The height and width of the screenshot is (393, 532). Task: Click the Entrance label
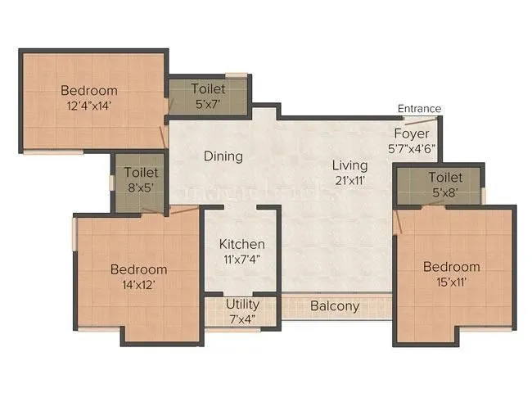tap(419, 109)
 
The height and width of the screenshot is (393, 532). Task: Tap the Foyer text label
tap(411, 134)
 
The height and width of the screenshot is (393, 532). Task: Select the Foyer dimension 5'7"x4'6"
tap(411, 150)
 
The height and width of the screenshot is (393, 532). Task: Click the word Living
tap(350, 163)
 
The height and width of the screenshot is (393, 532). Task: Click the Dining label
tap(223, 156)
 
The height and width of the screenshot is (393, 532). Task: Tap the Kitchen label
tap(241, 244)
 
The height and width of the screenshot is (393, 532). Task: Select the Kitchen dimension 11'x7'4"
tap(241, 260)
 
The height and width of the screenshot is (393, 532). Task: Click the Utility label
tap(242, 305)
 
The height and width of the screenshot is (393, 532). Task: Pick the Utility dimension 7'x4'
tap(242, 318)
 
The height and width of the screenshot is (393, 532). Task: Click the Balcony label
tap(334, 307)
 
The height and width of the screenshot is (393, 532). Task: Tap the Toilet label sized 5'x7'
tap(209, 88)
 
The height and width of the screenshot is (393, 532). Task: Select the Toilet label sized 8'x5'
tap(141, 173)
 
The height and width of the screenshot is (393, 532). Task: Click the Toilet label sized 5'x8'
tap(445, 178)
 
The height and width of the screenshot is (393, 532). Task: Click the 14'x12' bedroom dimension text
tap(139, 285)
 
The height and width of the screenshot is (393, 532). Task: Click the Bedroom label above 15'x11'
tap(451, 267)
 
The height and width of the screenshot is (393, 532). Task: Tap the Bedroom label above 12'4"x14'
tap(88, 90)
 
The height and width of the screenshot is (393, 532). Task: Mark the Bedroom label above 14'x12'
tap(139, 269)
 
